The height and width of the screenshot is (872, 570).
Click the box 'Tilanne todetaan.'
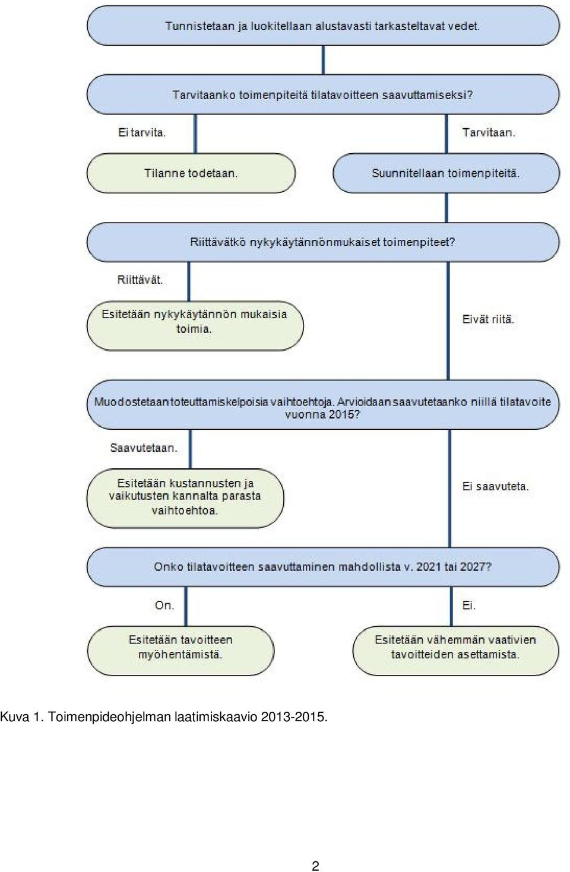(x=191, y=173)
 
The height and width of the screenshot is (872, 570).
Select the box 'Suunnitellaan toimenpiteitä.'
(x=446, y=173)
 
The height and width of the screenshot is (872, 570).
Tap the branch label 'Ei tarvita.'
(x=142, y=133)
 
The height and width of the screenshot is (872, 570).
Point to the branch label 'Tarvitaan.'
(x=489, y=133)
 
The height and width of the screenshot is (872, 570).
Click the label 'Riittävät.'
(x=140, y=280)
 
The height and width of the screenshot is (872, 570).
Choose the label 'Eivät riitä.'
(x=488, y=319)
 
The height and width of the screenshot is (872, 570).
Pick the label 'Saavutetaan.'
(x=144, y=448)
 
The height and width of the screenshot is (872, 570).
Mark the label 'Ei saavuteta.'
(x=495, y=486)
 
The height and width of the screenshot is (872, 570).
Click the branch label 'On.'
(x=164, y=605)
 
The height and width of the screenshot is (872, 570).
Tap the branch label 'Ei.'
(x=469, y=605)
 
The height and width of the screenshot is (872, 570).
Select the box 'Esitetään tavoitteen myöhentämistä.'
(x=180, y=651)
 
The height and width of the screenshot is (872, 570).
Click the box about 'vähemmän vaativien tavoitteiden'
(x=455, y=651)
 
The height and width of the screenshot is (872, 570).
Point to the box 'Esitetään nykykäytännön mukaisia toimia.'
(x=195, y=326)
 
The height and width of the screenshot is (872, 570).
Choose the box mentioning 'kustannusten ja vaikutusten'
(x=185, y=498)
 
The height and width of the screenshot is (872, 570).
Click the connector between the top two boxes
(x=323, y=60)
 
